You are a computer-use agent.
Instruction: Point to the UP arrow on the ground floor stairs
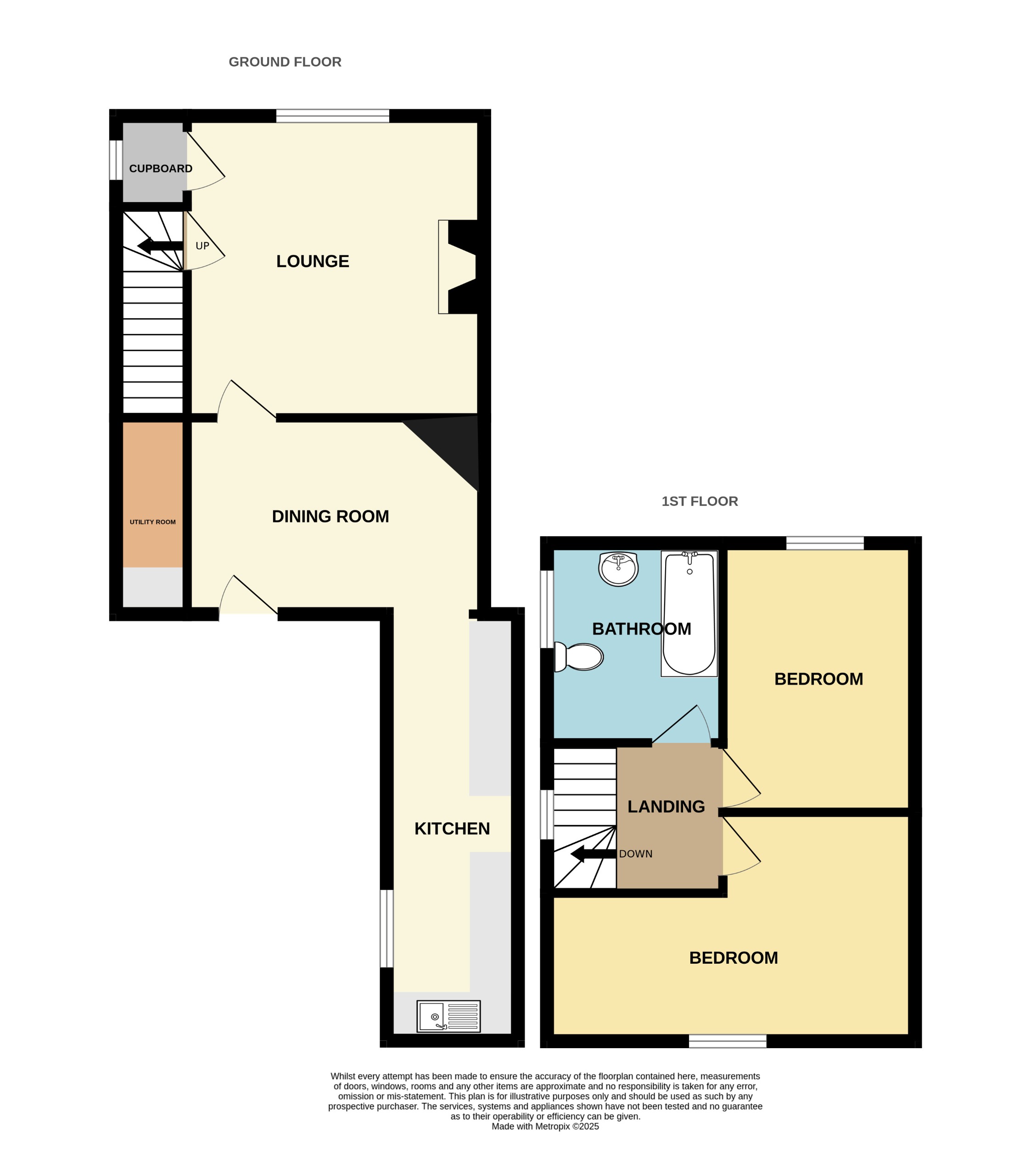click(160, 246)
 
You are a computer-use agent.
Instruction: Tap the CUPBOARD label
click(161, 169)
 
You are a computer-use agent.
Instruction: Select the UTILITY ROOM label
click(152, 522)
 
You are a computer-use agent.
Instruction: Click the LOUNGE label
click(313, 261)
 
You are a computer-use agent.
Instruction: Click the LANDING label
click(666, 806)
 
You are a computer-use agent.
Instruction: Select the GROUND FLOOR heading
click(285, 62)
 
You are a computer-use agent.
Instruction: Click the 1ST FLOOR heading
click(700, 501)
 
